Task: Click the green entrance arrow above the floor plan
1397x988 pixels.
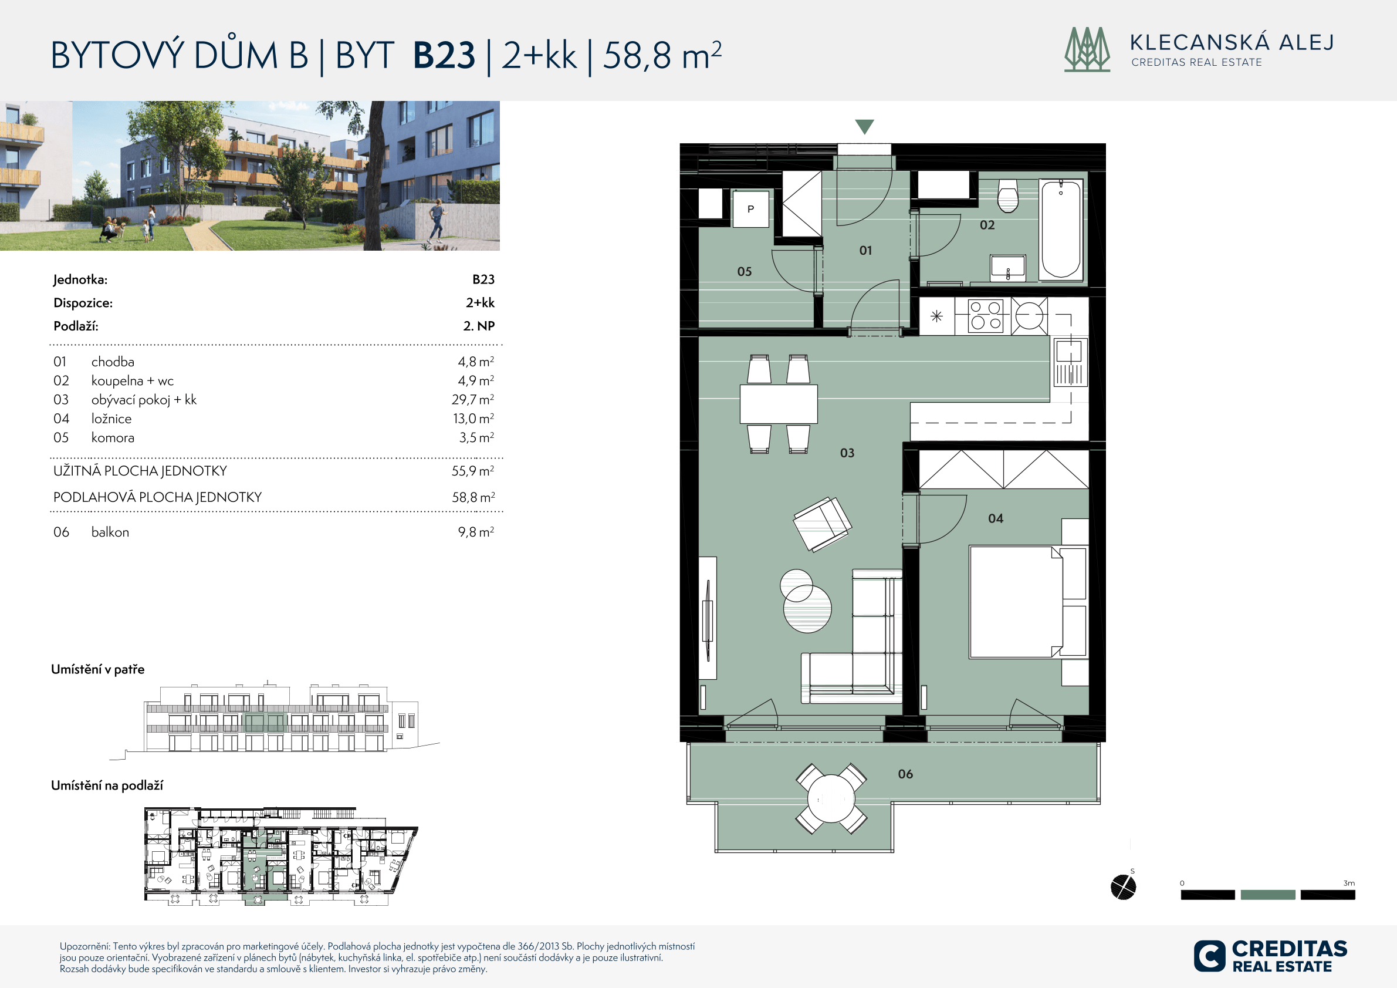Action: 864,126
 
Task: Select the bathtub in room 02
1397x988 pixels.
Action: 1061,230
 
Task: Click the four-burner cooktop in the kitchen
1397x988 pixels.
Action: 986,315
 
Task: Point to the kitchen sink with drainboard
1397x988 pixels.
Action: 1070,362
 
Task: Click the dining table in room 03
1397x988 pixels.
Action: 779,404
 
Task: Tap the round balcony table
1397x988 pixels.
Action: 831,799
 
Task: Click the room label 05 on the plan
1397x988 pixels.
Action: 744,271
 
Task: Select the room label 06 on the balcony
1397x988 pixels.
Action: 905,774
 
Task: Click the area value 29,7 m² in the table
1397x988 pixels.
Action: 473,399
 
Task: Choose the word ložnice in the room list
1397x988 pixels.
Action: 111,418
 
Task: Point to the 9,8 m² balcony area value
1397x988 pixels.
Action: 476,531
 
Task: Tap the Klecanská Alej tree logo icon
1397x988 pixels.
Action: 1087,49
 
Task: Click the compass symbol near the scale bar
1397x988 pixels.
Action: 1123,887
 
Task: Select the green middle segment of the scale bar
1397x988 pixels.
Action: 1267,894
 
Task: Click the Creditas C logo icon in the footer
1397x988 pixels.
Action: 1210,956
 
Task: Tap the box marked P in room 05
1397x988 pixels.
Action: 751,209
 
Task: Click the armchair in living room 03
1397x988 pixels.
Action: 822,524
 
